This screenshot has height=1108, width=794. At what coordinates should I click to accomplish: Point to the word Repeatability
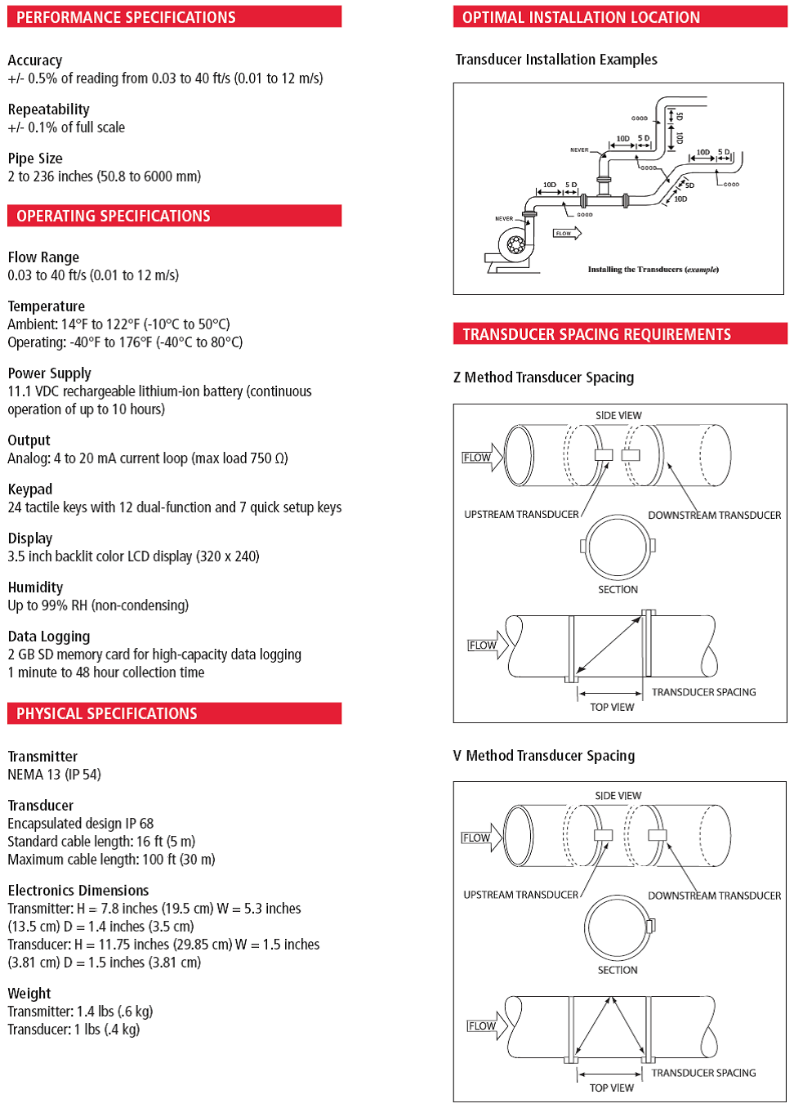click(48, 109)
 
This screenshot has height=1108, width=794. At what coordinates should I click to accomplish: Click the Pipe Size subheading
click(35, 159)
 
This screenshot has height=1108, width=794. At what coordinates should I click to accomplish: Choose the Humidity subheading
click(35, 588)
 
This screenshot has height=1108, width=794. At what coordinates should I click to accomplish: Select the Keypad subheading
click(29, 489)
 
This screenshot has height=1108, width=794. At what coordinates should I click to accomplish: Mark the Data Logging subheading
click(49, 637)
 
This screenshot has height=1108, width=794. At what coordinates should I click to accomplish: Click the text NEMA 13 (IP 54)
click(54, 775)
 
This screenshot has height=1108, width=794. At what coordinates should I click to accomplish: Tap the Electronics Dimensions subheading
click(78, 891)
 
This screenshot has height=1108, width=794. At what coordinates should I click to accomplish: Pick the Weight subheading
click(29, 994)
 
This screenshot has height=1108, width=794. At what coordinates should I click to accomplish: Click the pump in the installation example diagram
click(512, 246)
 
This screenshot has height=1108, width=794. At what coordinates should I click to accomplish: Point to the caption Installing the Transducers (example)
click(653, 269)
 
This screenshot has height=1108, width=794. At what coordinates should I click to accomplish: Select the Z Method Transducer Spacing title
click(543, 378)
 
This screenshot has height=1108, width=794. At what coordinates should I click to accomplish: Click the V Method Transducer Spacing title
click(543, 756)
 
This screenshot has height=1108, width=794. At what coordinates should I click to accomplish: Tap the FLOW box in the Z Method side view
click(477, 458)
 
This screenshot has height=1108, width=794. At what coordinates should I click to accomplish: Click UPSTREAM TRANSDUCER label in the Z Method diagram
click(521, 515)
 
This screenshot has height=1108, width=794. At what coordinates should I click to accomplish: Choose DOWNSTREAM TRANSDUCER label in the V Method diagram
click(714, 896)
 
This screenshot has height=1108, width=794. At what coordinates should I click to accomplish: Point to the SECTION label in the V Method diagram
click(618, 970)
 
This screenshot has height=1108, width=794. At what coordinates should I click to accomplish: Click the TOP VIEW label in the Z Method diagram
click(612, 708)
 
